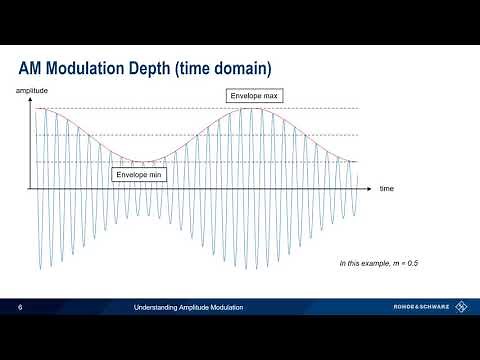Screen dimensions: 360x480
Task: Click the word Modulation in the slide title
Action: click(84, 68)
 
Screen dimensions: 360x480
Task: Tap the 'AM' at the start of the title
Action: click(32, 68)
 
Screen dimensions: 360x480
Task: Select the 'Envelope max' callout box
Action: click(256, 97)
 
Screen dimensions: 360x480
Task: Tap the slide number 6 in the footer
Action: click(21, 307)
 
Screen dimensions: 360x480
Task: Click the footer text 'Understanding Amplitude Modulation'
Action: click(189, 307)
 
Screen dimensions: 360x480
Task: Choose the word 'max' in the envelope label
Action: click(272, 97)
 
